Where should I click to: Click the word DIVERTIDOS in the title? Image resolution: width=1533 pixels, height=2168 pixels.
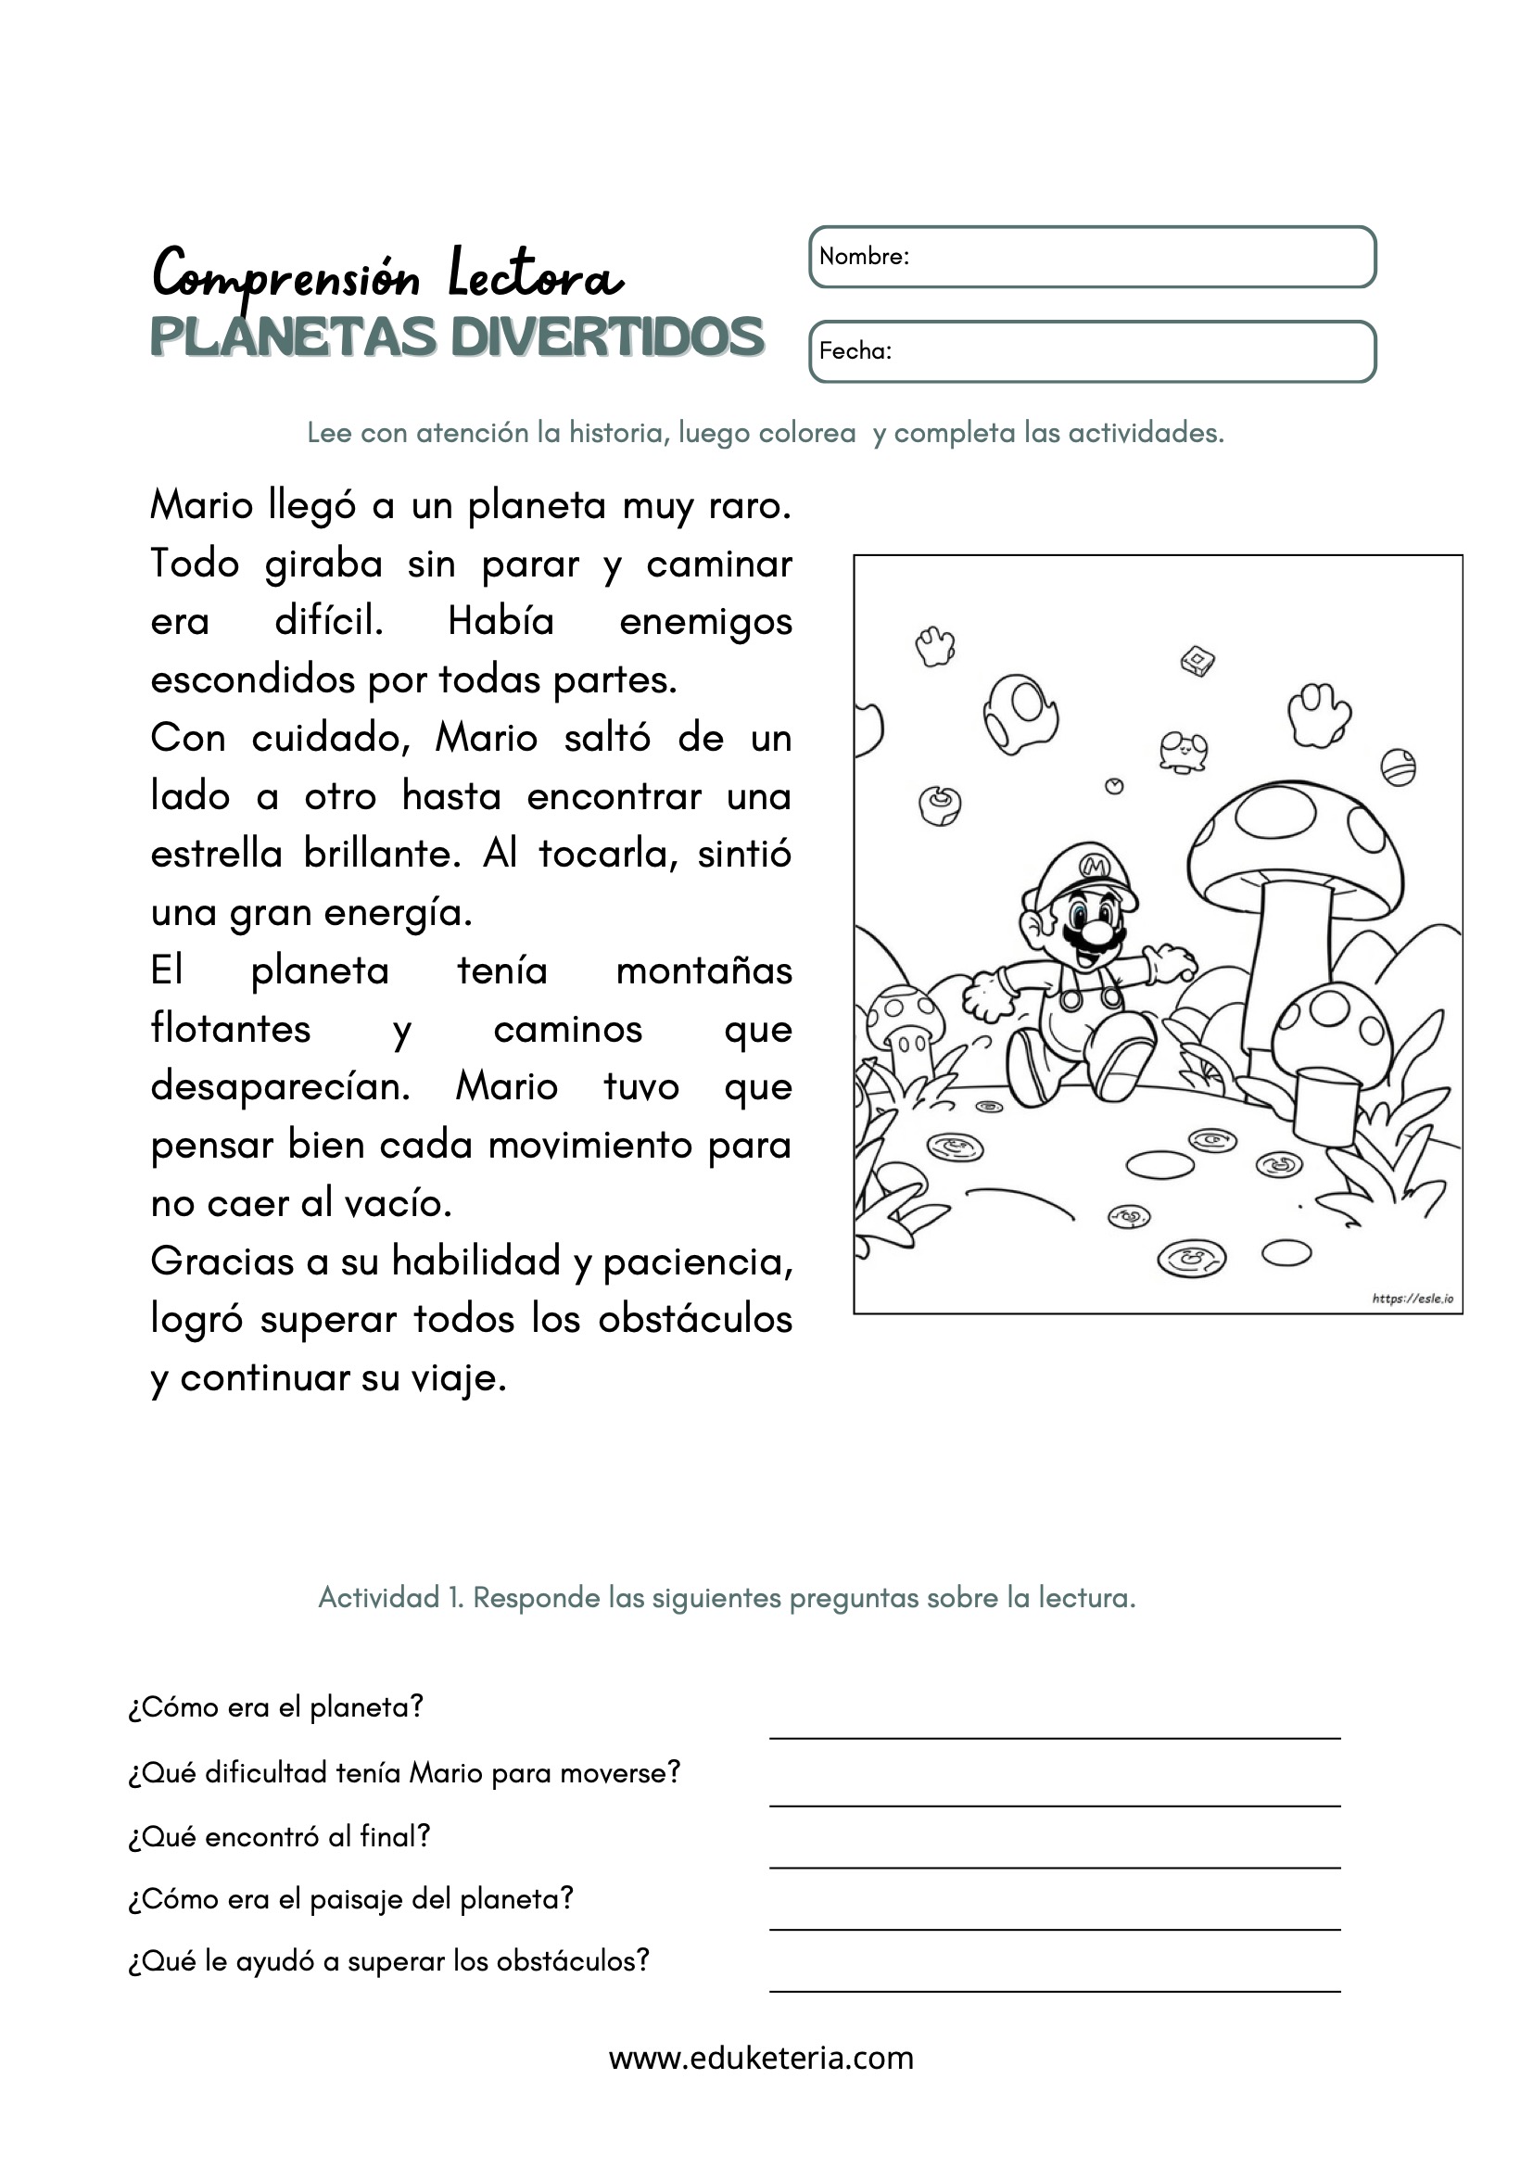coord(607,338)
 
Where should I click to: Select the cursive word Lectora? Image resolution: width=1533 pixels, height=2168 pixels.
coord(535,275)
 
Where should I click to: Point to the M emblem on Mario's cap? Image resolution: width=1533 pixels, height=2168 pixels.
coord(1094,865)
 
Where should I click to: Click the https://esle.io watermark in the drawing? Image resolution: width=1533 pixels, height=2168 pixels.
coord(1413,1299)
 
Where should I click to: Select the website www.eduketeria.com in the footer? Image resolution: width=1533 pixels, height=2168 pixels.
coord(761,2058)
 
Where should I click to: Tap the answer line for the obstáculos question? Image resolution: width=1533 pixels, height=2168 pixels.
coord(1055,1989)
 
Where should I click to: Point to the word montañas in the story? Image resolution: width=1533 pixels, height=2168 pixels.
coord(703,970)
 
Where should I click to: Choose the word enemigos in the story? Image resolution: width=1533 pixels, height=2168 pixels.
coord(705,622)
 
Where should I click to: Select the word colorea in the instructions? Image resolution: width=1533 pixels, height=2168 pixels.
coord(807,434)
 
